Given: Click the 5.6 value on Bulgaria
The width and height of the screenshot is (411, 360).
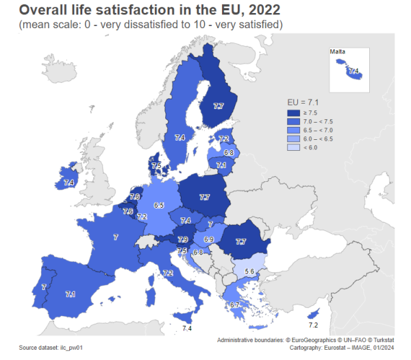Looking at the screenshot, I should [x=250, y=272].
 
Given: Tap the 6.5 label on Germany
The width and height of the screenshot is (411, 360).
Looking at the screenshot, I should [x=159, y=205].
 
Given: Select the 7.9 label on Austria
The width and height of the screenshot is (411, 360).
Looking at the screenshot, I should [x=183, y=239].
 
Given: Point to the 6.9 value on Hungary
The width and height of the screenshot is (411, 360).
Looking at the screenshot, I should [x=209, y=239].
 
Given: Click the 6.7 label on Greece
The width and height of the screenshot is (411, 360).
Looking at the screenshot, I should [x=234, y=304].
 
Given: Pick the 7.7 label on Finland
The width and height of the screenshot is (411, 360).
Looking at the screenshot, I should [x=219, y=106].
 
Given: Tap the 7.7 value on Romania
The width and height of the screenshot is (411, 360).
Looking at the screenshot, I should [x=240, y=241].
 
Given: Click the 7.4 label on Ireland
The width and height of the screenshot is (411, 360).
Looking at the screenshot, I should [x=68, y=182].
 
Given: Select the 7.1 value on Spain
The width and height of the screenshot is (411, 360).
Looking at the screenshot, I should [x=70, y=294].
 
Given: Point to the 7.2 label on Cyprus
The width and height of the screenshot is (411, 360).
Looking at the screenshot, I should [x=313, y=324].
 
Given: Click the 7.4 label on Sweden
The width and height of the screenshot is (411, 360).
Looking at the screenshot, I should [x=179, y=138].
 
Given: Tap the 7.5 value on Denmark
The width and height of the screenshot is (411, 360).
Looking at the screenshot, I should [x=156, y=166].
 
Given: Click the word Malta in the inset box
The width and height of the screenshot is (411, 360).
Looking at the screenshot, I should [x=337, y=52].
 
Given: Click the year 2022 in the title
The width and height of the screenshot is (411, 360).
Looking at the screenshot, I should [x=261, y=10].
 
